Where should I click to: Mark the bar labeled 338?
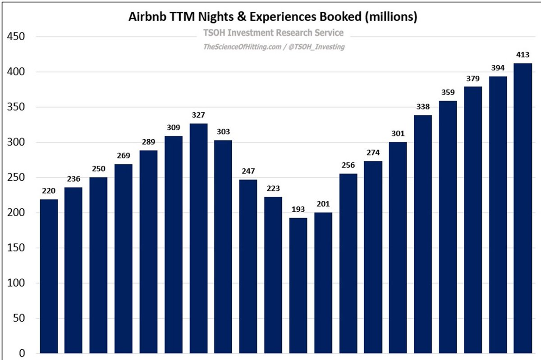click(423, 234)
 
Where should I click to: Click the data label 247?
click(248, 171)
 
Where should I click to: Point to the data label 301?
click(398, 133)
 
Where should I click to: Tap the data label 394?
click(498, 68)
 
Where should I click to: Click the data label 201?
click(323, 204)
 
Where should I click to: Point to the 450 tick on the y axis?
click(16, 37)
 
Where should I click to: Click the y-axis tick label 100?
click(16, 283)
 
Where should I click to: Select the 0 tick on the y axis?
click(22, 354)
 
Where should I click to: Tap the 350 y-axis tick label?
click(16, 107)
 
